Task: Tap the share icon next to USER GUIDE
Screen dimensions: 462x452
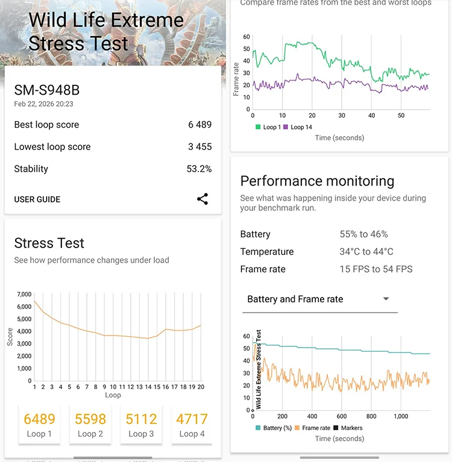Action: [x=202, y=199]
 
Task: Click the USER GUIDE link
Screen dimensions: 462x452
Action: [x=37, y=199]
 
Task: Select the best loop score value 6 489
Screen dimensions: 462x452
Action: [x=199, y=125]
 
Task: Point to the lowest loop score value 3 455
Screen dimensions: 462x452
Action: [x=199, y=147]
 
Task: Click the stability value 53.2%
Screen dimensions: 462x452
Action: [x=199, y=169]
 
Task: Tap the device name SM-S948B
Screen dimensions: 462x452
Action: [x=47, y=90]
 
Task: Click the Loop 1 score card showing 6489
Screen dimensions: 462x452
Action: [x=39, y=424]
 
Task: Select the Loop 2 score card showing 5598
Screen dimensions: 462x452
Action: [x=90, y=424]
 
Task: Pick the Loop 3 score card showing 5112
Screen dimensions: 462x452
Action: [x=141, y=424]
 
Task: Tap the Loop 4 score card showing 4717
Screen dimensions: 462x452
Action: [x=192, y=424]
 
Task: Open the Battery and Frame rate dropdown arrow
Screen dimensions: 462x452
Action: [x=386, y=299]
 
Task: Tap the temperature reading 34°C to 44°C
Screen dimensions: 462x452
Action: [x=366, y=252]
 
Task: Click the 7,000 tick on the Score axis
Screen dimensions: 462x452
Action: [x=24, y=295]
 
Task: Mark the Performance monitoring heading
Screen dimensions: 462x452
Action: [x=317, y=181]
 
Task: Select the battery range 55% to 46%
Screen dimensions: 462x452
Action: [x=363, y=234]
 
